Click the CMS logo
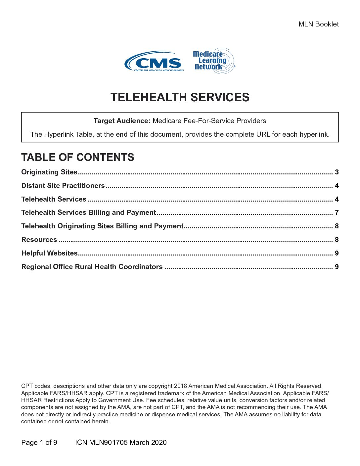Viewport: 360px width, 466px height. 154,62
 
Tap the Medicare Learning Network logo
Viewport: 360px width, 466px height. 213,61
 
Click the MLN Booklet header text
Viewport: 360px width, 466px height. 318,24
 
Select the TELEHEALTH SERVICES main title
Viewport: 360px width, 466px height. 180,97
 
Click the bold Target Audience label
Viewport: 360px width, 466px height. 122,121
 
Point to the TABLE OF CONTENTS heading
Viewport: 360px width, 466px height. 77,157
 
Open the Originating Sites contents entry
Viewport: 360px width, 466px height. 49,172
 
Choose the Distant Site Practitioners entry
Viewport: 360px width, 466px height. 63,186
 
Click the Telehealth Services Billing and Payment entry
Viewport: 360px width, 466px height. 88,212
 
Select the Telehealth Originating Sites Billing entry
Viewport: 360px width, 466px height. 102,226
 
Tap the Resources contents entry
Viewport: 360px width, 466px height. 39,240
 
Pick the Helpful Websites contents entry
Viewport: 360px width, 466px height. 49,253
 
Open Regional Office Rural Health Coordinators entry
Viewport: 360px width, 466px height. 92,267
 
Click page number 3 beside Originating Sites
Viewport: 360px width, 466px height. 337,172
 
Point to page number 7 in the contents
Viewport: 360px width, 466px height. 337,212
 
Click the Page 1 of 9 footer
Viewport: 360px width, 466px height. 39,443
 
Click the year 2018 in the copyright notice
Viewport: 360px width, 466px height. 180,386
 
